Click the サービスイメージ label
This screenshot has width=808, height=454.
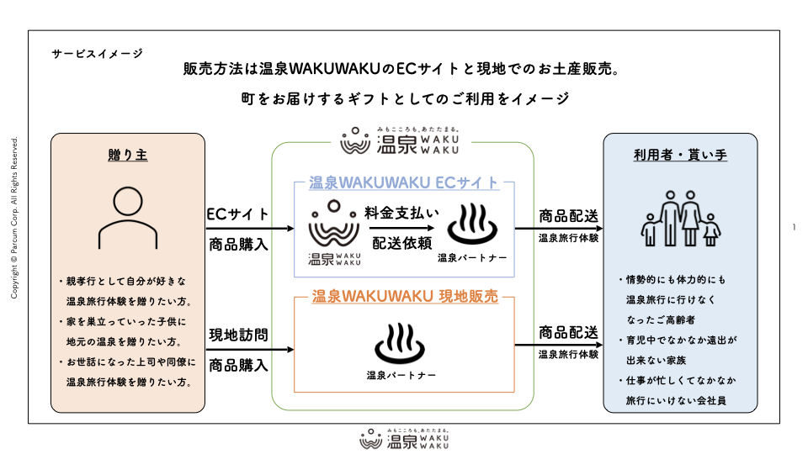[x=97, y=53]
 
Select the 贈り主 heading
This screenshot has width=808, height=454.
[x=128, y=155]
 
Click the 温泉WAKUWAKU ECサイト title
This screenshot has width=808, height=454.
[x=403, y=182]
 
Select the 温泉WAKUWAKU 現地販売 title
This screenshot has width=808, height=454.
[x=405, y=296]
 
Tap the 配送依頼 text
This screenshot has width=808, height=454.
[x=402, y=243]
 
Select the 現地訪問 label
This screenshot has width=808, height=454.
[x=238, y=335]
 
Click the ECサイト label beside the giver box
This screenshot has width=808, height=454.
[x=238, y=214]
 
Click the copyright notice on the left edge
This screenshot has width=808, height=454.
[x=14, y=218]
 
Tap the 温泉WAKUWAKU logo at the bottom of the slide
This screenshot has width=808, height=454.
[x=404, y=439]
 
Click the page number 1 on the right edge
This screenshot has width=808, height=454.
[x=795, y=227]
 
